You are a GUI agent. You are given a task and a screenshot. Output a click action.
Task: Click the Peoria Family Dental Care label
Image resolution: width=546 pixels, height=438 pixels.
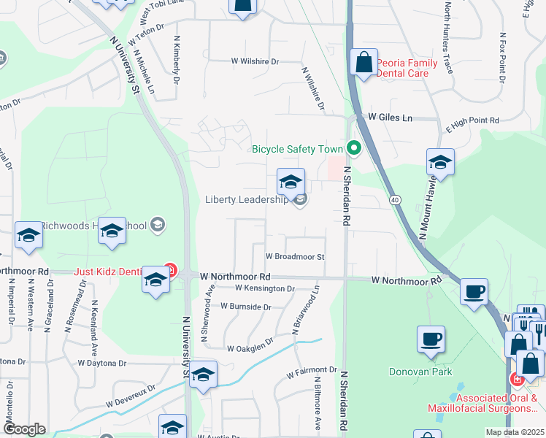pos(407,68)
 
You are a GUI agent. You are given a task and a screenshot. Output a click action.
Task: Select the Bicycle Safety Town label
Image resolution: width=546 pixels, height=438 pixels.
pos(298,149)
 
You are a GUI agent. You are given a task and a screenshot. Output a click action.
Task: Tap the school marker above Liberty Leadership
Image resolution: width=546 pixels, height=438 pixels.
pos(291,182)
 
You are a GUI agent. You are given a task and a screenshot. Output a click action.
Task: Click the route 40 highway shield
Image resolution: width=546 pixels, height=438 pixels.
pos(395,199)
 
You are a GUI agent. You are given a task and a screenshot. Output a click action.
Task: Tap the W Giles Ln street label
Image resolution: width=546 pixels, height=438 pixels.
pos(390,117)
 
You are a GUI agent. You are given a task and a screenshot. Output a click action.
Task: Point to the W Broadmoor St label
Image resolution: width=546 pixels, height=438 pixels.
pos(294,256)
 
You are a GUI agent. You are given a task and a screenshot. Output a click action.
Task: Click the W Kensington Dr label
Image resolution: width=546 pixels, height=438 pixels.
pos(265,288)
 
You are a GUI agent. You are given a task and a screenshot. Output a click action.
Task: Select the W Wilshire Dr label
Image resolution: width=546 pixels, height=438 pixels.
pos(255,62)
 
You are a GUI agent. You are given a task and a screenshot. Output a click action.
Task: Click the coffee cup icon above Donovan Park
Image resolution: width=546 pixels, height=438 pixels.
pos(431,339)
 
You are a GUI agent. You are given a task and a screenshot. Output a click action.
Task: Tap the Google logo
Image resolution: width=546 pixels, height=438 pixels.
pos(25,429)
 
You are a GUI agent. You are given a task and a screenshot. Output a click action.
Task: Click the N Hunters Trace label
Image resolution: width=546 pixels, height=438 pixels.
pos(448,36)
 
